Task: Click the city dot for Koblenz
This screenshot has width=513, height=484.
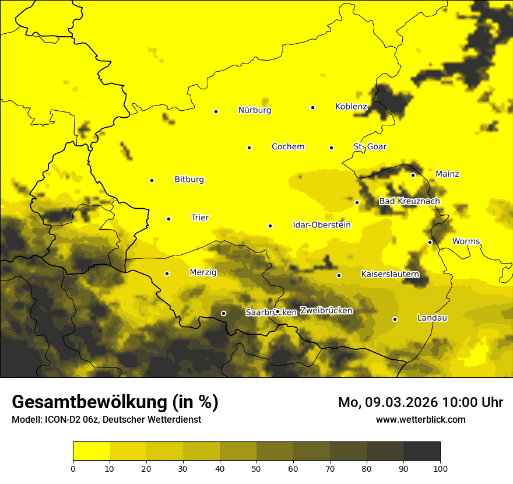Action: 312,107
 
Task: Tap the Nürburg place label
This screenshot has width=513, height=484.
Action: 255,110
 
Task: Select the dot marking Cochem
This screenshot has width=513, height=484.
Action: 249,148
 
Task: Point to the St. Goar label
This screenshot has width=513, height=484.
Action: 370,146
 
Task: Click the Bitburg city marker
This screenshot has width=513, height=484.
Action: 152,181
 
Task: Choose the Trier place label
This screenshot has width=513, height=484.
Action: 200,218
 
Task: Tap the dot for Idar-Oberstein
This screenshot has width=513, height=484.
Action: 270,226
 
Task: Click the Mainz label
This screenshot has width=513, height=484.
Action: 447,174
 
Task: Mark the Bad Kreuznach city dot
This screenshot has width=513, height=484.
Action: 357,202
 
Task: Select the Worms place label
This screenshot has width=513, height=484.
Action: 466,241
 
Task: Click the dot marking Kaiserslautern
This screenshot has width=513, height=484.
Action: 339,275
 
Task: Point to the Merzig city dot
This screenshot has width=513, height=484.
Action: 167,273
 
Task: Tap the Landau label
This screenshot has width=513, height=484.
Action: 432,318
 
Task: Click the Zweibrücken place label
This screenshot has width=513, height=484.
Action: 326,310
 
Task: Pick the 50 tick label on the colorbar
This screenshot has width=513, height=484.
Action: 256,468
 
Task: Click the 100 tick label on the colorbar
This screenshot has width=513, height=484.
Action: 440,468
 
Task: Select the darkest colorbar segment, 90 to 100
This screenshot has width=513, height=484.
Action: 421,451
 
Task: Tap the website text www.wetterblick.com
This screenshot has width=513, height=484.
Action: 421,419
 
